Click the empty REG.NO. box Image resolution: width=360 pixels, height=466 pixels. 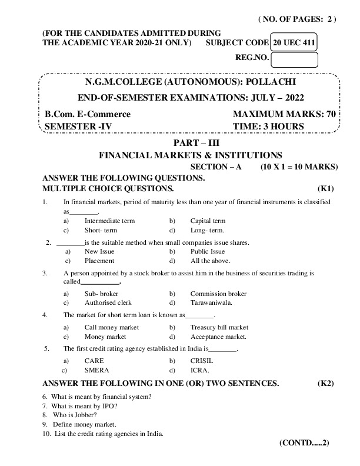tap(295, 59)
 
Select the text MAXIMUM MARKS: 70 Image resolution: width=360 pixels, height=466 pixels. tap(284, 114)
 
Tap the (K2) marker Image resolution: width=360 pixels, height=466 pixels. tap(326, 383)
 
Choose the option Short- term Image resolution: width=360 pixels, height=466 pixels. tap(101, 230)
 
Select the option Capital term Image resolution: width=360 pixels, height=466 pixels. tap(208, 221)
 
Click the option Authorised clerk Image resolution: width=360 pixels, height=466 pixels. tap(108, 302)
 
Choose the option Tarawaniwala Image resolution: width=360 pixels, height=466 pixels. tap(211, 302)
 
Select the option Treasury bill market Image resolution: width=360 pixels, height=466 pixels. tap(219, 327)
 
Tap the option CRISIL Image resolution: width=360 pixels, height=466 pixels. tap(202, 360)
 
